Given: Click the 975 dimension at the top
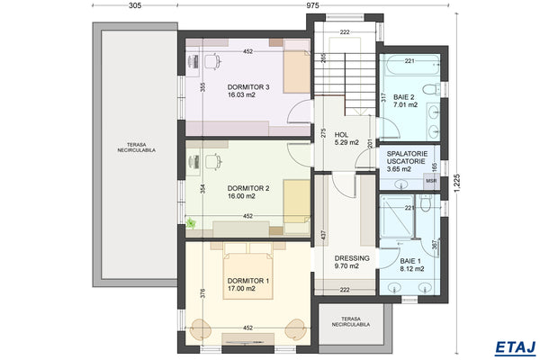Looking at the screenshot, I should (x=312, y=6).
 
